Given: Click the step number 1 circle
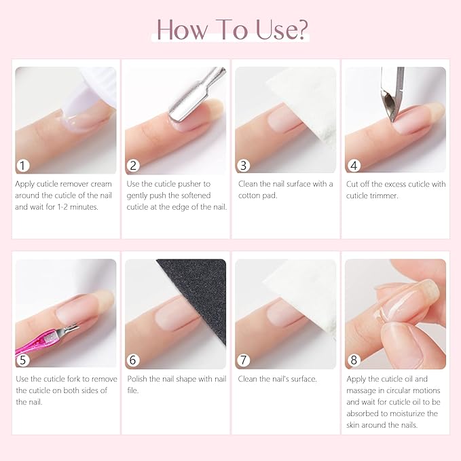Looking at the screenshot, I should [24, 165].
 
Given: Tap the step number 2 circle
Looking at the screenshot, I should [134, 165].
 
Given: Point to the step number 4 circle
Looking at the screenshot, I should [354, 165].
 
